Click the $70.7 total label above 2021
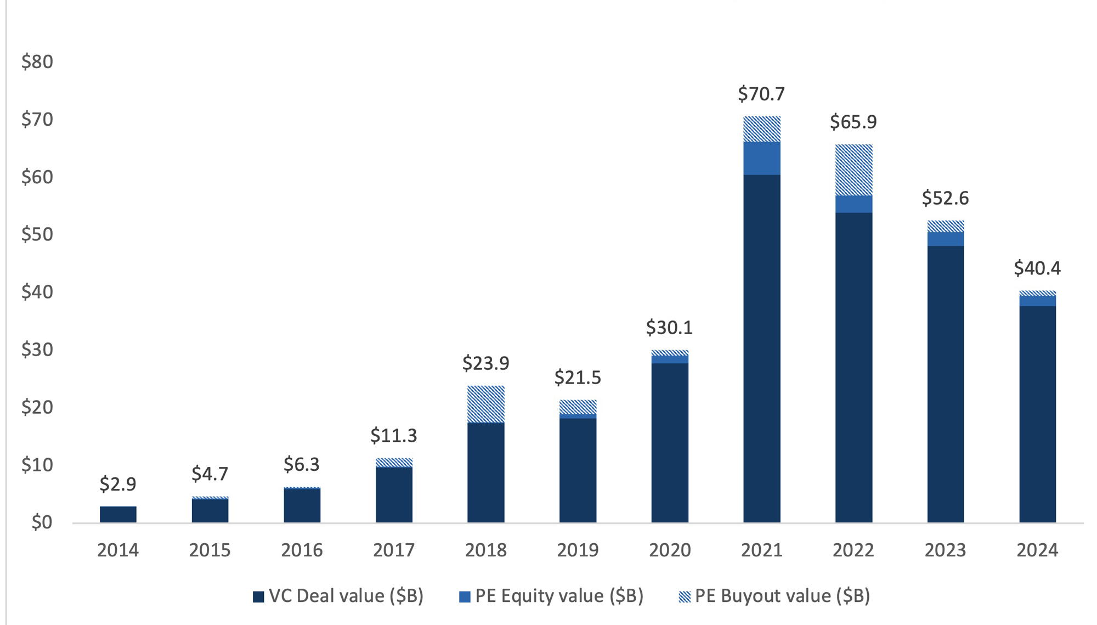coord(761,94)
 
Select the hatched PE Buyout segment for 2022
coord(853,170)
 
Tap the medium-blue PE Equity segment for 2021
coord(761,158)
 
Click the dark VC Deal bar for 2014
coord(118,514)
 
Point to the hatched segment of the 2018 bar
coord(486,404)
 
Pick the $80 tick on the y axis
coord(37,61)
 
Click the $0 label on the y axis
coord(42,522)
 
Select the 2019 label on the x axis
coord(578,550)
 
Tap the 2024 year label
coord(1037,550)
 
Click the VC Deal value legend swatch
coord(258,596)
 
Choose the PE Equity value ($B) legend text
coord(559,596)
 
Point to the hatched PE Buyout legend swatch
coord(685,596)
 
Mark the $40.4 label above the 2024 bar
coord(1037,268)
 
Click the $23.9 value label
coord(486,363)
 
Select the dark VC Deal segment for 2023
coord(945,384)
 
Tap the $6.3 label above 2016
coord(302,465)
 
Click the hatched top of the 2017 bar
coord(394,463)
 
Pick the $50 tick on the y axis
coord(37,234)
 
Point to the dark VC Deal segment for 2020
coord(670,442)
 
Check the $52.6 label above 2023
coord(945,198)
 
